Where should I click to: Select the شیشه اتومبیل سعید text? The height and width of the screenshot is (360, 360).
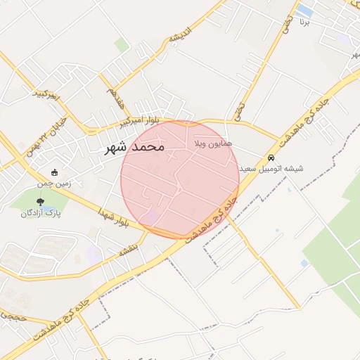pos(271,169)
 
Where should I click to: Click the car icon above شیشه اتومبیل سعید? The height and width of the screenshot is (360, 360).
pos(271,157)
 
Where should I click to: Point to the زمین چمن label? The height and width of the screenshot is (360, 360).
pos(56,184)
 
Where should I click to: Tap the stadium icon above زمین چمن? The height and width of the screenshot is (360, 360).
pos(56,173)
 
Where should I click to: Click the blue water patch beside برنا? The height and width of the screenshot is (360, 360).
pos(304,11)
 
